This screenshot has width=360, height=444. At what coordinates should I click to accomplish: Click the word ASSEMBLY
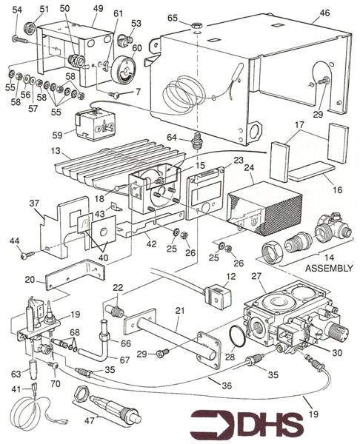(x=329, y=268)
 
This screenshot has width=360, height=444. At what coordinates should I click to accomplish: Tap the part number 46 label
(x=324, y=13)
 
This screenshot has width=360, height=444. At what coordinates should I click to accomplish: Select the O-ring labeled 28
(x=238, y=336)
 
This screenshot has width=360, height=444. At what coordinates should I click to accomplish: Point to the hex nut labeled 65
(x=196, y=25)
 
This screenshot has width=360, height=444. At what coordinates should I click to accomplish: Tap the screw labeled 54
(x=20, y=39)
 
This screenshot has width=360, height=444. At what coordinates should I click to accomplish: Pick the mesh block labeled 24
(x=264, y=209)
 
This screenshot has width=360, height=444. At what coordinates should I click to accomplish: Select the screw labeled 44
(x=27, y=255)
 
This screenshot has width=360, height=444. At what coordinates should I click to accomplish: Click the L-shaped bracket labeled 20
(x=75, y=275)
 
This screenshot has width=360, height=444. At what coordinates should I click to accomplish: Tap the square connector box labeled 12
(x=218, y=296)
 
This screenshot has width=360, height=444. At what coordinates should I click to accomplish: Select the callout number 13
(x=56, y=151)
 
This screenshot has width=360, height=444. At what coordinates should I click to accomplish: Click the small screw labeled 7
(x=115, y=95)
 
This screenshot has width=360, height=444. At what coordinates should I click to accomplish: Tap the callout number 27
(x=256, y=276)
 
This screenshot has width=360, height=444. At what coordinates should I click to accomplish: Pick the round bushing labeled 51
(x=30, y=27)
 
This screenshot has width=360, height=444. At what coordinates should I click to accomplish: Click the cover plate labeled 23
(x=204, y=193)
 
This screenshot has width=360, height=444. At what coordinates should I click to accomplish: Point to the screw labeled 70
(x=53, y=366)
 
